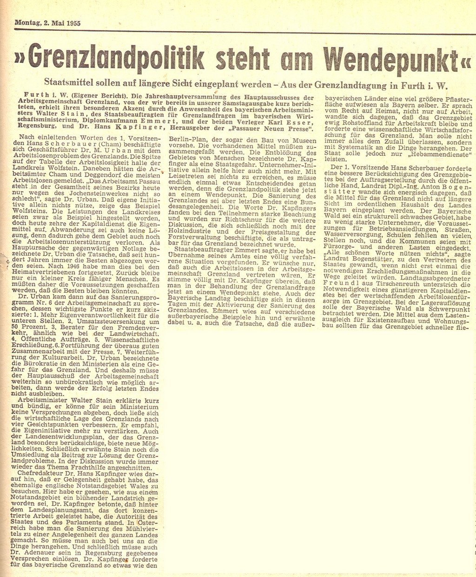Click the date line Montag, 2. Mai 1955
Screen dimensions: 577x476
[47, 22]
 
